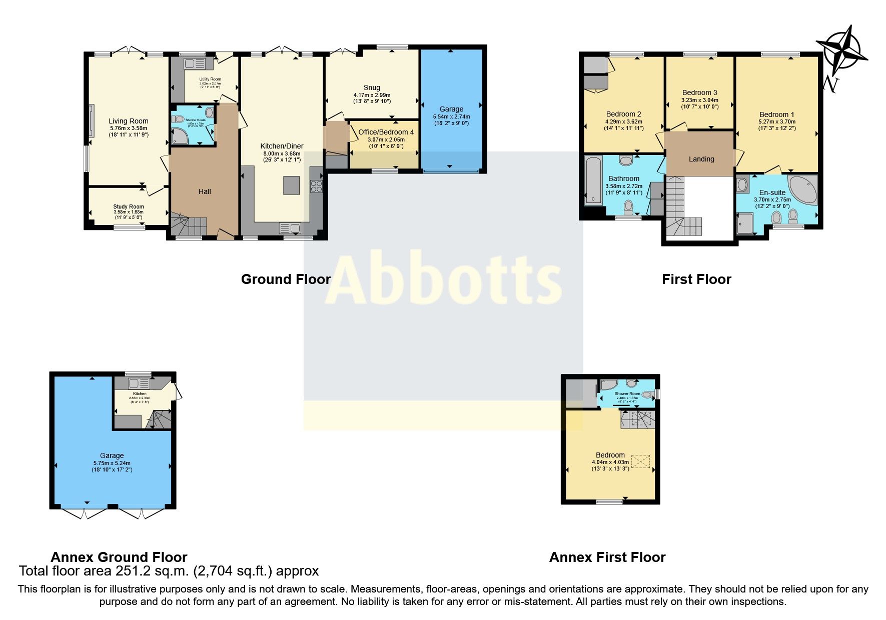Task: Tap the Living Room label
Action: point(129,121)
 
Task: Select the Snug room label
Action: point(372,87)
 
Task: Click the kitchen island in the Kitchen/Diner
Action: point(292,185)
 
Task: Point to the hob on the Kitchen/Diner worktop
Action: point(316,186)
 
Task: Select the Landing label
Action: point(701,159)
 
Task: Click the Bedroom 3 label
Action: point(699,92)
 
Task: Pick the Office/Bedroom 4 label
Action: point(386,132)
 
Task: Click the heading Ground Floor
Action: point(286,279)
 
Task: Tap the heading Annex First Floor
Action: point(607,557)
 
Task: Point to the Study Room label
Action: point(129,206)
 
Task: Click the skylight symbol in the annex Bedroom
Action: point(641,461)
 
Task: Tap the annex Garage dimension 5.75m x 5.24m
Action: point(112,463)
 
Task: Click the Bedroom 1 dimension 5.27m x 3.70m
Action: point(776,121)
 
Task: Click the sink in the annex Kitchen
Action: point(134,383)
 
